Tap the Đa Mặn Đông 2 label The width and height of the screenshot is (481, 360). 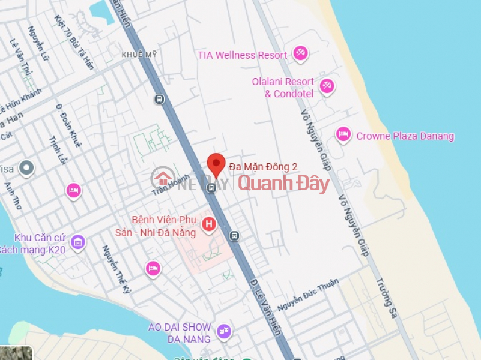[x=263, y=167]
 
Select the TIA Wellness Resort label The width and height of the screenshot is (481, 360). [x=243, y=55]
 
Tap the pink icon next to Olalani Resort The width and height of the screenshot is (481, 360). [x=327, y=87]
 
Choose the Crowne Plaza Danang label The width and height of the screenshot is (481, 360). [x=405, y=136]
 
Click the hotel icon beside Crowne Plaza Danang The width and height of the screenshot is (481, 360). [x=343, y=134]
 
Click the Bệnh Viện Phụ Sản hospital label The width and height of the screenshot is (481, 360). [x=165, y=226]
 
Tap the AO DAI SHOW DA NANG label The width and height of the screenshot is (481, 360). [x=180, y=333]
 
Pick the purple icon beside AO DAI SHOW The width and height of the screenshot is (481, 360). [x=223, y=331]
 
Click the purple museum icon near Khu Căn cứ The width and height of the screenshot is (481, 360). [x=77, y=243]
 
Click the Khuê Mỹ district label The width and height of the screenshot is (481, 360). [x=139, y=55]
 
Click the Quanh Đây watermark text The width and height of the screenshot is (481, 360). [x=284, y=183]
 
